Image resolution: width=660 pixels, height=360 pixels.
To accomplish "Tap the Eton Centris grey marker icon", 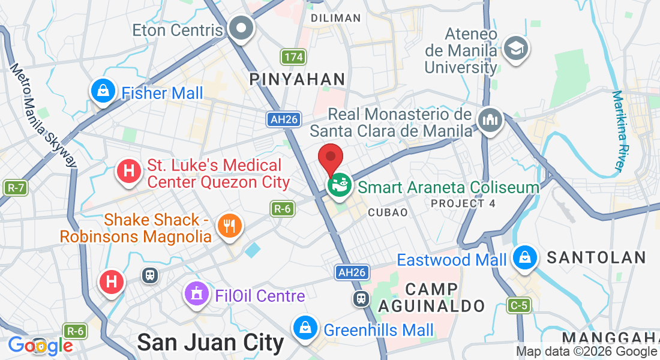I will coord(242,28).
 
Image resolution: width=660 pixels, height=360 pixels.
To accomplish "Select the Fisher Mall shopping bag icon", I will coord(103,92).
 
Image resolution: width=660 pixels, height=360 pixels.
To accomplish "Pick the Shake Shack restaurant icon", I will coord(229,226).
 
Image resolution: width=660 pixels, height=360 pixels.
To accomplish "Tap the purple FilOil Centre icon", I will coord(196,295).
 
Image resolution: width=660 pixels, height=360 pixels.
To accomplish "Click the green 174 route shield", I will coord(293,57).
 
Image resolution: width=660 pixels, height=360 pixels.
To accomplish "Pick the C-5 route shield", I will coord(519,305).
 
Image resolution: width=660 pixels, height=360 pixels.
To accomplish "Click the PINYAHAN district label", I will coord(297,79).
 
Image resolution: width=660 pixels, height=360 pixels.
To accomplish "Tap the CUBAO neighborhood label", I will coord(388,212).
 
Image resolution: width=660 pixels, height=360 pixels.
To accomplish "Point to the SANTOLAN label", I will coord(596,258).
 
